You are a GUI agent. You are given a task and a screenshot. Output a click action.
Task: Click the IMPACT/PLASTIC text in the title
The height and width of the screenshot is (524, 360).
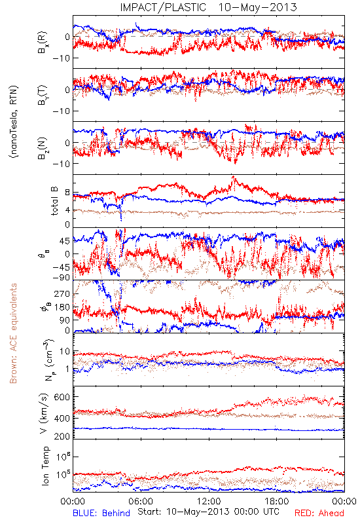coord(163,7)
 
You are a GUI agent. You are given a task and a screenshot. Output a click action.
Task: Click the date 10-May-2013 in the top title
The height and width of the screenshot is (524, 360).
coord(257,7)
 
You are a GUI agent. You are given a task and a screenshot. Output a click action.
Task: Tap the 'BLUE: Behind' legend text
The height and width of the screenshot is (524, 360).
coord(101,513)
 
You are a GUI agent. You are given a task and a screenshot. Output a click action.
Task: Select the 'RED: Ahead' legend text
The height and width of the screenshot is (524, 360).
coord(319,513)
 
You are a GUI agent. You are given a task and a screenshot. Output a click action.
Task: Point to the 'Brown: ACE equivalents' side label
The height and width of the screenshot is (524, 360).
coord(13,333)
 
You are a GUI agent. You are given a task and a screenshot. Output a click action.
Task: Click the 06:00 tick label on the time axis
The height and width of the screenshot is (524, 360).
coord(141,501)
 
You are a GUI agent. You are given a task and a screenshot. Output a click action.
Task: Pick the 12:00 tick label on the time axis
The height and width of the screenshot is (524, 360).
coord(209,501)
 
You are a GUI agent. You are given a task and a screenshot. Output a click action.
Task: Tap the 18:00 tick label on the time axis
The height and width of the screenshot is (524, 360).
coord(277,501)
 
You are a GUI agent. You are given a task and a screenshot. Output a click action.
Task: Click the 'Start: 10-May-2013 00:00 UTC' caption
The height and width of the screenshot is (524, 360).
coord(208,512)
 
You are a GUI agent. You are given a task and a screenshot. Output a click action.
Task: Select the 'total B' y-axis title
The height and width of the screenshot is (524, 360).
coord(54,201)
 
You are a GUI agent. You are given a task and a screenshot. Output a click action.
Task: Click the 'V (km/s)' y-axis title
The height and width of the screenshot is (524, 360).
coord(44,413)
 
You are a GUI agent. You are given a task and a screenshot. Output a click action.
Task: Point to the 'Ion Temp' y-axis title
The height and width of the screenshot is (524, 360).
coord(45,466)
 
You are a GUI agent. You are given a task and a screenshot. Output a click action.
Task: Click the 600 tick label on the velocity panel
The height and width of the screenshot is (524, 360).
coord(62,397)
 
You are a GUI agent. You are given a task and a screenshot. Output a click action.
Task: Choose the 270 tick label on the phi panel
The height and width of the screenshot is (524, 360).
coord(62,293)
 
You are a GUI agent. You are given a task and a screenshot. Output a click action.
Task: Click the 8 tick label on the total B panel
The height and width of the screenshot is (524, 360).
coord(67,193)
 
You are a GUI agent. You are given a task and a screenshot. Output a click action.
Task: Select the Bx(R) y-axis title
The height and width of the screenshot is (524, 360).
coord(43,43)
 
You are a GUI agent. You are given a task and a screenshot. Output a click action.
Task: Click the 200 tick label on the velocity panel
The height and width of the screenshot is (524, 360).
coord(62,436)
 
